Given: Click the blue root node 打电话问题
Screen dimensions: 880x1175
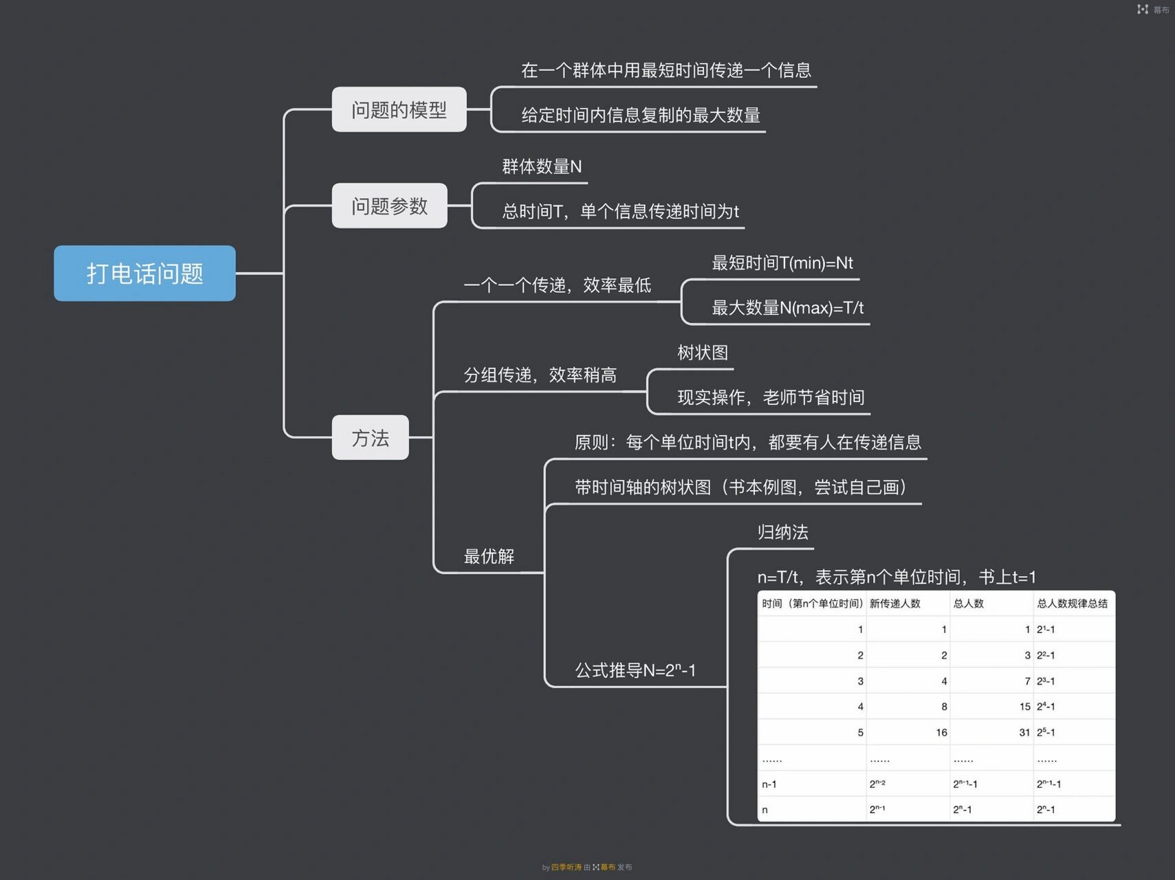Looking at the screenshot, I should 144,273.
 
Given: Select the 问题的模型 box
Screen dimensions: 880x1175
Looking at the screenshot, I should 399,109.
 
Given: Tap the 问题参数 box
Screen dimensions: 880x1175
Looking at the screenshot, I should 389,206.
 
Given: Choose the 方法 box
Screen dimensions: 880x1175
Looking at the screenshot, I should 370,437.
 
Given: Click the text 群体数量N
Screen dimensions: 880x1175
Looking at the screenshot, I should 542,166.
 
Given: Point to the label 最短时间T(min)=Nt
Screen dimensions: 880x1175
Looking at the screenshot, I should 782,263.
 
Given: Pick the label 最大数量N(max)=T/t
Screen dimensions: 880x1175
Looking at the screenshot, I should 787,307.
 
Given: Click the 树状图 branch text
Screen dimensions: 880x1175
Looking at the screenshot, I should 702,353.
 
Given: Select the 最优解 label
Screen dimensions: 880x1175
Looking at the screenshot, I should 489,556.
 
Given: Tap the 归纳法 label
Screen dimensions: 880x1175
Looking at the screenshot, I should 782,532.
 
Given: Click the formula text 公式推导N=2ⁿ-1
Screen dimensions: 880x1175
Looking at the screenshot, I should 635,670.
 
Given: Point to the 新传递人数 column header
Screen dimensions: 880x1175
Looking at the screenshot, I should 894,604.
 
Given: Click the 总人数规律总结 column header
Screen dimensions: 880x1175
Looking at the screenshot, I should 1072,604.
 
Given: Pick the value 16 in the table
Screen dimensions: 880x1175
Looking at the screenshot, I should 941,733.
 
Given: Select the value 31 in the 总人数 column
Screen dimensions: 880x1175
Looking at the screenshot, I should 1024,733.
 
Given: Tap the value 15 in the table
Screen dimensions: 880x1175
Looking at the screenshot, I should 1024,707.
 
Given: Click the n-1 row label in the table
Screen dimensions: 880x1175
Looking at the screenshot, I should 769,784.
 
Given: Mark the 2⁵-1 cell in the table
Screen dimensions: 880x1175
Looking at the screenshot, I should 1046,733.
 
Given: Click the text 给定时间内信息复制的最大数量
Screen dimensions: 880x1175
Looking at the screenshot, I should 640,115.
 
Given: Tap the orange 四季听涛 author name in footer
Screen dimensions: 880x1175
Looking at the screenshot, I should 566,868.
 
